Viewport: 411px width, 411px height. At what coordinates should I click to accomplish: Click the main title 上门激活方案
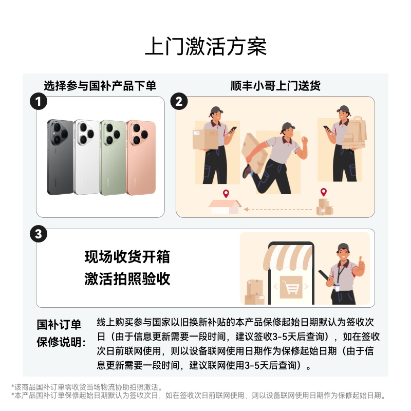[206, 46]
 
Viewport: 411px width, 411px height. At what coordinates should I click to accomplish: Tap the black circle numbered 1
[38, 102]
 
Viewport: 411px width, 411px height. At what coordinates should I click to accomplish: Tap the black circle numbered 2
[179, 101]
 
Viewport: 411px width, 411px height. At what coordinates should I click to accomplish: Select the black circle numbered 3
[39, 234]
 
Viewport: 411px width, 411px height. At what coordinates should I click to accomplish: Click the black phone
[60, 157]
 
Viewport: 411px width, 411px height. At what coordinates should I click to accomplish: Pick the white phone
[86, 157]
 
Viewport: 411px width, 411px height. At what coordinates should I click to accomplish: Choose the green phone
[113, 158]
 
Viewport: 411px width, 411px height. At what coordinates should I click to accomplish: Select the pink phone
[141, 158]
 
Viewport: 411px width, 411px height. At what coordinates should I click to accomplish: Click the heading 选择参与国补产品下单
[100, 86]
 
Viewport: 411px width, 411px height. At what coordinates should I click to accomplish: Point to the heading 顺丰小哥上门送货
[275, 86]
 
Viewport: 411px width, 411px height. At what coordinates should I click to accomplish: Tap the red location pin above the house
[226, 194]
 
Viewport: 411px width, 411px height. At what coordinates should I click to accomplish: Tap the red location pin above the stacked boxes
[324, 192]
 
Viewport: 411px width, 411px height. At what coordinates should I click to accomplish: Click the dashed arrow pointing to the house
[278, 209]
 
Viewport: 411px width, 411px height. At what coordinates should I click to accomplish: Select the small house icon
[225, 207]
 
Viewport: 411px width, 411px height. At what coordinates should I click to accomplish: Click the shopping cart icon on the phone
[291, 288]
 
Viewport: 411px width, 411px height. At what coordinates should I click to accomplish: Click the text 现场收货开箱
[127, 256]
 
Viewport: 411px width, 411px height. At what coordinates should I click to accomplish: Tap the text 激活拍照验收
[127, 278]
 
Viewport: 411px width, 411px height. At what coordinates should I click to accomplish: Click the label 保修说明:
[61, 342]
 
